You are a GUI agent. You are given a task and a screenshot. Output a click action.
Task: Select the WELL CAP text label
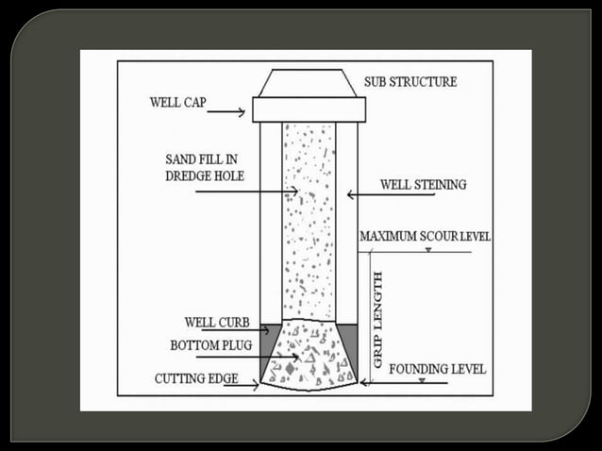pyautogui.click(x=178, y=101)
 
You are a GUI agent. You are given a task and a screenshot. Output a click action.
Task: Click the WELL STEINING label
pyautogui.click(x=423, y=185)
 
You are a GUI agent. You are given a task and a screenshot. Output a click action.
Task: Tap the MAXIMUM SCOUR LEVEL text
pyautogui.click(x=425, y=236)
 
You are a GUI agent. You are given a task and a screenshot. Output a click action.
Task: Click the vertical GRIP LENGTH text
pyautogui.click(x=378, y=319)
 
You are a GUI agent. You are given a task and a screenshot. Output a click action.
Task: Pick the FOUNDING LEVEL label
pyautogui.click(x=437, y=369)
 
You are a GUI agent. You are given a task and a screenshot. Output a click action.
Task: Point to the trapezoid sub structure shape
pyautogui.click(x=309, y=82)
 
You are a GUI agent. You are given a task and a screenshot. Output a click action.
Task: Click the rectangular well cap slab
pyautogui.click(x=309, y=109)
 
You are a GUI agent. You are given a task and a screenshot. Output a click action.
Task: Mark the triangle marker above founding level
pyautogui.click(x=421, y=380)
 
